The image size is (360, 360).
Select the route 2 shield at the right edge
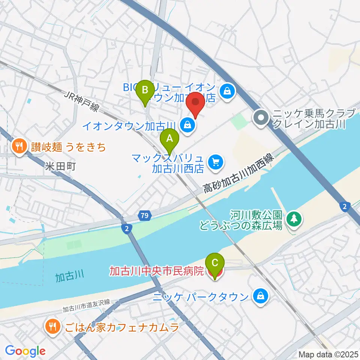pos(344,206)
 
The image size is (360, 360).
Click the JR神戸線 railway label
pos(81,102)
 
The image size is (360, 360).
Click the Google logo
pos(25,351)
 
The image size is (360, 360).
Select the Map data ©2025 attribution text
pos(328,354)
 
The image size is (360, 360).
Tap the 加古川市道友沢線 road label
pos(86,305)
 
